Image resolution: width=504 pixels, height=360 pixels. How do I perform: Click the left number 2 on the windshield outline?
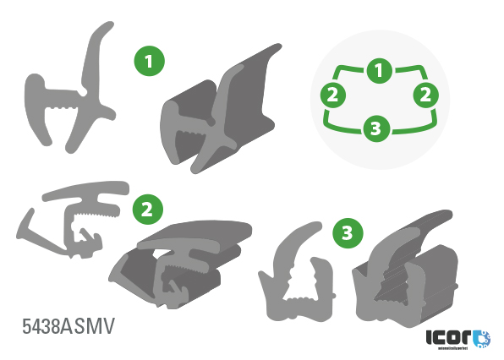point(333,93)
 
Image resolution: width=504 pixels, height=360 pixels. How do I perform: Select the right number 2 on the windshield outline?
point(426,93)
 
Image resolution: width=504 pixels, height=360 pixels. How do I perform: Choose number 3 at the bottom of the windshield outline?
point(377,128)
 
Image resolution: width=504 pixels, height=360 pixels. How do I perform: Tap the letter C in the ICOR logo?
point(446,335)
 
